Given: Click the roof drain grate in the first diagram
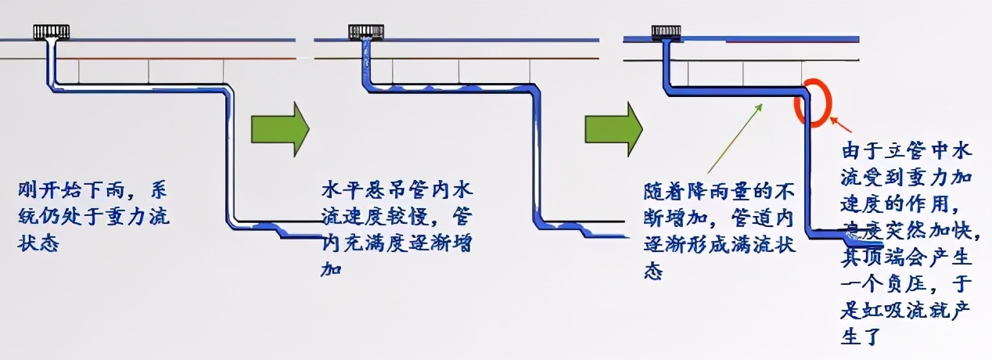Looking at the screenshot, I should tap(52, 32).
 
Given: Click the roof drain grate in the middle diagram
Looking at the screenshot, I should tap(365, 32).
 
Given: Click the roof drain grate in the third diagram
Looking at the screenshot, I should tap(666, 32).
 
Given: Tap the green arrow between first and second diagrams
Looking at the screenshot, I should tap(280, 127).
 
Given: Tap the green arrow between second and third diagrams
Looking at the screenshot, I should tap(613, 127).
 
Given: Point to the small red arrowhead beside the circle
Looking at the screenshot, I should tap(834, 121).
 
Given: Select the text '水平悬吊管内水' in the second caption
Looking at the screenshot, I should tap(375, 189).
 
